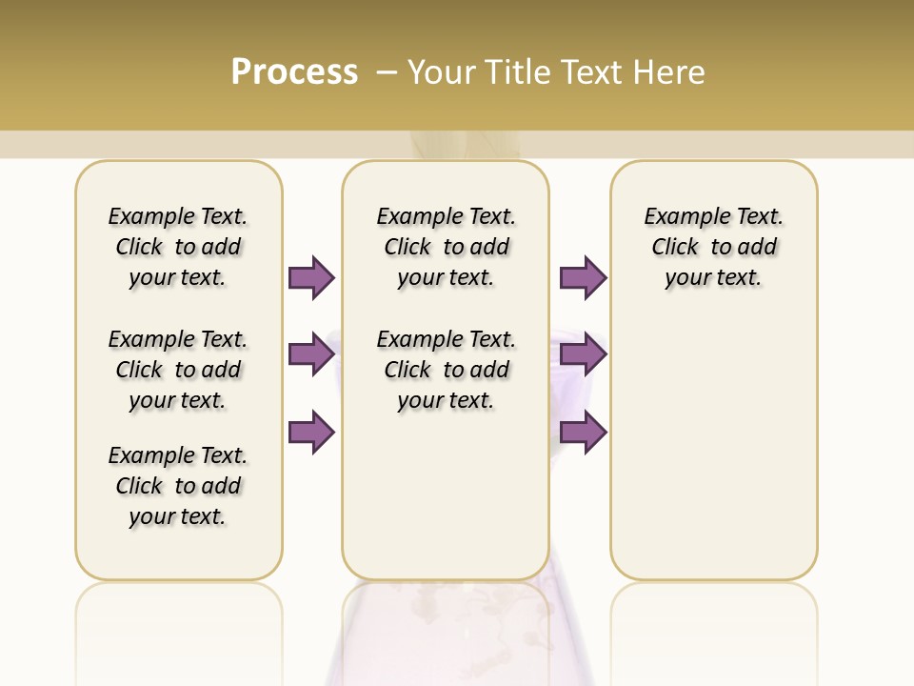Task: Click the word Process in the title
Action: (x=294, y=71)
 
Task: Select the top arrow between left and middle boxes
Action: (x=311, y=277)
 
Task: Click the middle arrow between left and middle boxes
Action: (x=311, y=354)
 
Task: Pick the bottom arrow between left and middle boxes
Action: (x=311, y=432)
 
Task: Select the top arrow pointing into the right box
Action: (x=583, y=277)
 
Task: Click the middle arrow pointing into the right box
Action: (x=583, y=354)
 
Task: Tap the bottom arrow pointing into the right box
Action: (x=583, y=432)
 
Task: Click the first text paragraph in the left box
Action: (x=178, y=247)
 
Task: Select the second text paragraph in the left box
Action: (x=178, y=370)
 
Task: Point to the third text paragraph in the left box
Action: (x=178, y=486)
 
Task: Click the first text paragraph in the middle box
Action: (x=447, y=247)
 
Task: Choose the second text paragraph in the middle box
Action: (x=447, y=370)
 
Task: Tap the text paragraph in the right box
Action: (x=713, y=247)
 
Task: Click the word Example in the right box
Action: (x=680, y=217)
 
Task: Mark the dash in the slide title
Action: (x=387, y=71)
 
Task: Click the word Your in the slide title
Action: (x=442, y=71)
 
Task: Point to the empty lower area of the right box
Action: (x=713, y=448)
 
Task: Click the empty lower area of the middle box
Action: (x=446, y=495)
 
